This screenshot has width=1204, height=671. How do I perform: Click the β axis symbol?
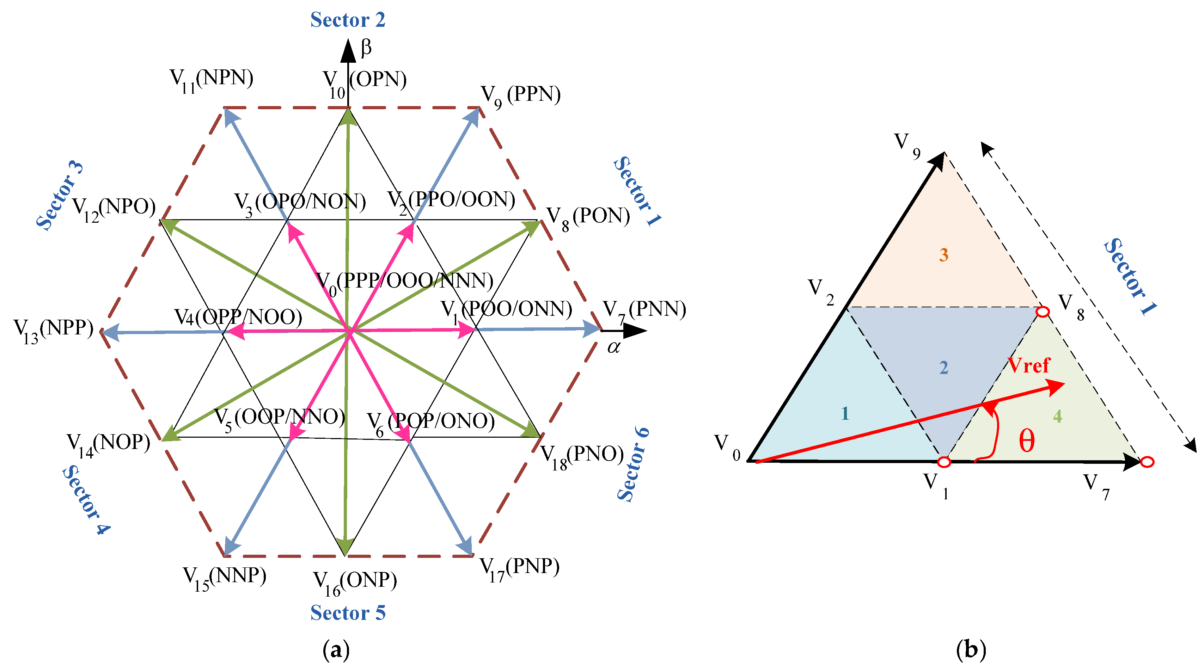tap(366, 48)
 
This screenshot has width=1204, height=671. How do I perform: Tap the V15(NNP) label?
tap(224, 578)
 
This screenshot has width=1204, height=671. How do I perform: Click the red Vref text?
tap(1029, 365)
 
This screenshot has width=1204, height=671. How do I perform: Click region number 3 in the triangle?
tap(944, 255)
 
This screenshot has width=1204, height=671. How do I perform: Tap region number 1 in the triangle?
tap(845, 413)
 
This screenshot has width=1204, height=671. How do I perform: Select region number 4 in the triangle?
tap(1058, 416)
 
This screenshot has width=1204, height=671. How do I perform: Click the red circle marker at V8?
tap(1043, 312)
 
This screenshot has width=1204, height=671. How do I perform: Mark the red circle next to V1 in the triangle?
tap(944, 462)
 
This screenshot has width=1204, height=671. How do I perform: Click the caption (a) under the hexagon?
tap(336, 650)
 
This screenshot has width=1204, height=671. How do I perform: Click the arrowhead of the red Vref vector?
tap(1057, 387)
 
